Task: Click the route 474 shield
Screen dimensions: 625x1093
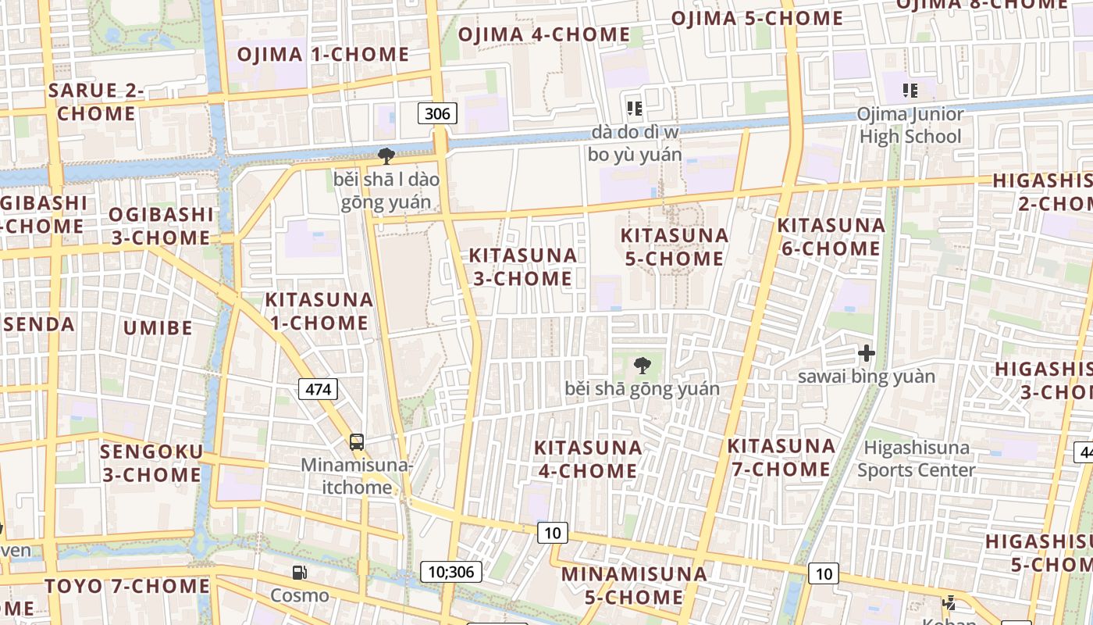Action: coord(318,388)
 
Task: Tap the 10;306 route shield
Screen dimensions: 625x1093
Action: coord(451,571)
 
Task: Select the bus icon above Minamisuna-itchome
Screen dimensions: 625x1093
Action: coord(357,441)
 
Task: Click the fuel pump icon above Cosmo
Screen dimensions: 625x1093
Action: coord(299,573)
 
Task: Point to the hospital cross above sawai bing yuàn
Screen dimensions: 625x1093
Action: coord(866,353)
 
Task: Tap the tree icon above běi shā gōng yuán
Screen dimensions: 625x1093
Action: coord(642,364)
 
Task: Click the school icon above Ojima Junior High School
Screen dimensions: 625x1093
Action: coord(910,91)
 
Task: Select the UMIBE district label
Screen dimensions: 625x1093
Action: coord(158,327)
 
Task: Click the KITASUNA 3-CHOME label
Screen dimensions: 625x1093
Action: coord(522,266)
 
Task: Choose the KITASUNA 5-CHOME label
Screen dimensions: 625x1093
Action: coord(675,247)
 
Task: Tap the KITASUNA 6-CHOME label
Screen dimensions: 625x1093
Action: coord(831,237)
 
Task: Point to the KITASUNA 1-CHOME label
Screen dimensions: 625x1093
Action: coord(319,311)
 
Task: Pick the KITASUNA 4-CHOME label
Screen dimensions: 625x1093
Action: coord(588,459)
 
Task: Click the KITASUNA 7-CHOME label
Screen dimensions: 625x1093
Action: coord(781,457)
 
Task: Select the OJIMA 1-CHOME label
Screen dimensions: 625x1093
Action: coord(322,54)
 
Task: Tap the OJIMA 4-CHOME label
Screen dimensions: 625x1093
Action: coord(543,34)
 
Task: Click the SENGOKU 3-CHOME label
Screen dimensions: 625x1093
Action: coord(151,462)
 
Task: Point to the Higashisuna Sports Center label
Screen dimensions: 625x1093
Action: coord(917,459)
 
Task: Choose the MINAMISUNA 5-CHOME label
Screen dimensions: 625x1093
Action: coord(634,585)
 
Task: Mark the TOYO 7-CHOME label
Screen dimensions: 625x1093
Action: coord(127,586)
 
